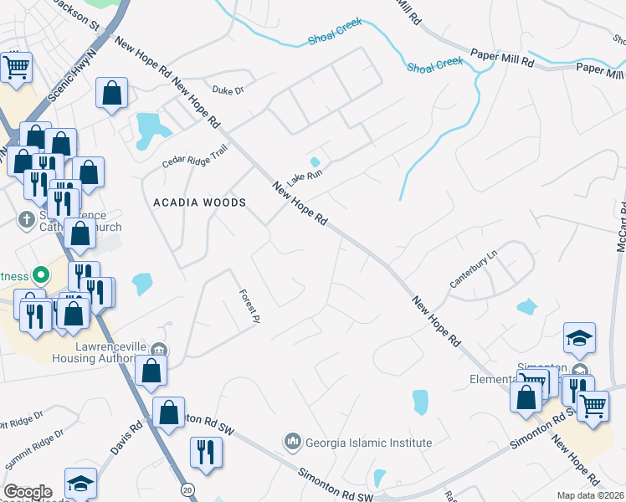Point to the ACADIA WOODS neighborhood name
200,202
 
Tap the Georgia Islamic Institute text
368,442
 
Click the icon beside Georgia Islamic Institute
292,441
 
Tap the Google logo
28,492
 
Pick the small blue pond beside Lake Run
315,161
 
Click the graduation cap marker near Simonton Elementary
579,339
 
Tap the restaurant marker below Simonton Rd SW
205,453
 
